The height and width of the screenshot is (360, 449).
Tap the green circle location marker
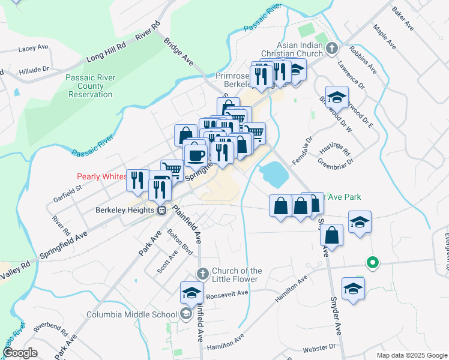(372, 262)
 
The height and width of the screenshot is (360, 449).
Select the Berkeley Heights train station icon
(161, 211)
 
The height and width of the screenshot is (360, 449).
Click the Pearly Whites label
(101, 176)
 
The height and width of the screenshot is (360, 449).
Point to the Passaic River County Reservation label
(90, 86)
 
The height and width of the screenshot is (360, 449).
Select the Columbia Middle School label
(131, 314)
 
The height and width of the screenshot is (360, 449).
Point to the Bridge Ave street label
(178, 51)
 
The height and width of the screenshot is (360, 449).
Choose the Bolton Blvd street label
(180, 242)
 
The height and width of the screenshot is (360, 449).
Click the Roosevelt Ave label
(227, 295)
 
